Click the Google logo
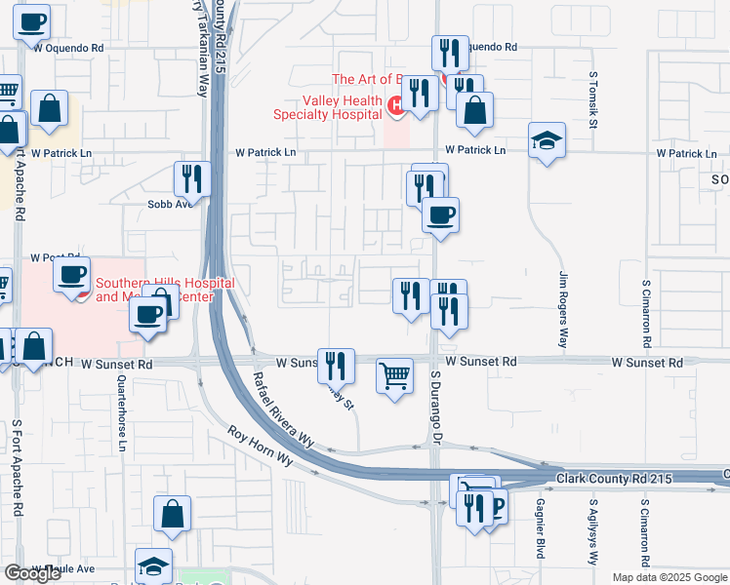[32, 573]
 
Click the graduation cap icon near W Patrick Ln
[547, 140]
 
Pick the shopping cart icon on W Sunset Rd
[394, 374]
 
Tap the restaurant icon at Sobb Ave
[191, 179]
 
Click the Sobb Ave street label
[167, 205]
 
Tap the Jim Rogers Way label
[563, 310]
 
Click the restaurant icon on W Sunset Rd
[336, 367]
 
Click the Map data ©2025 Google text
[669, 577]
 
